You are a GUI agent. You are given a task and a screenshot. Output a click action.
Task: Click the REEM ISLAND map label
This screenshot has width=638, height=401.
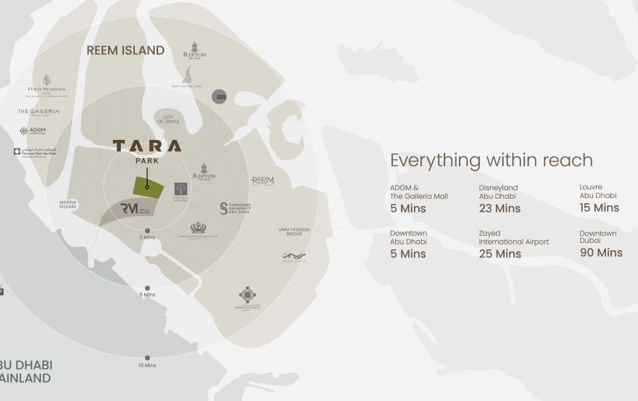click(x=125, y=51)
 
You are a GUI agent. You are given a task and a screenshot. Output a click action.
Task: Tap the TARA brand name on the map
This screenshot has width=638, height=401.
click(x=147, y=146)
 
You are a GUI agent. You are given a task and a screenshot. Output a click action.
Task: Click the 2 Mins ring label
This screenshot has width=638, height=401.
click(x=148, y=237)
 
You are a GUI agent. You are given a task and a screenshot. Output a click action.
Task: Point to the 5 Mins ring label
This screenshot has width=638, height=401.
click(x=148, y=294)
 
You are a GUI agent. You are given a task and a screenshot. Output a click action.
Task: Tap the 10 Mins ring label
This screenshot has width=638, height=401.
click(x=148, y=365)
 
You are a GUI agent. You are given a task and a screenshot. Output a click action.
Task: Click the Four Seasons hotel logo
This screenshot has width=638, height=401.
click(x=46, y=84)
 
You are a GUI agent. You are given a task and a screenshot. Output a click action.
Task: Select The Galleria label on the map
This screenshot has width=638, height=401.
click(x=38, y=112)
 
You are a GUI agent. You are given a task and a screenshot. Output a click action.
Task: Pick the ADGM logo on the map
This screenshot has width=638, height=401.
click(x=33, y=131)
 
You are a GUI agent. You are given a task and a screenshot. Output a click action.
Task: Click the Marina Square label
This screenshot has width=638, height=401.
click(x=68, y=205)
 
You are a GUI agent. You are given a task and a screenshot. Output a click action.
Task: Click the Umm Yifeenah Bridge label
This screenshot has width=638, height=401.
click(x=294, y=231)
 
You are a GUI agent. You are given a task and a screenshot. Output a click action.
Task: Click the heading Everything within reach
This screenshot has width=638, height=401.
click(x=491, y=160)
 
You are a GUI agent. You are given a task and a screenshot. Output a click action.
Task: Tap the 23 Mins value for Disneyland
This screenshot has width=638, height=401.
click(x=500, y=209)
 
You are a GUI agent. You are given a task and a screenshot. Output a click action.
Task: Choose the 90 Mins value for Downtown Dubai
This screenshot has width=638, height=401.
click(x=600, y=252)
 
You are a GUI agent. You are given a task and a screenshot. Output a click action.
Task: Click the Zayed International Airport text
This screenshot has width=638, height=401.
click(x=513, y=237)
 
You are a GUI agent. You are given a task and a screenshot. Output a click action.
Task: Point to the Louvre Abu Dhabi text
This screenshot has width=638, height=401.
click(x=597, y=191)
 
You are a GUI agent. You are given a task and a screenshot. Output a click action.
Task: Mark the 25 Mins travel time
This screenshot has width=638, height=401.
click(x=500, y=254)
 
